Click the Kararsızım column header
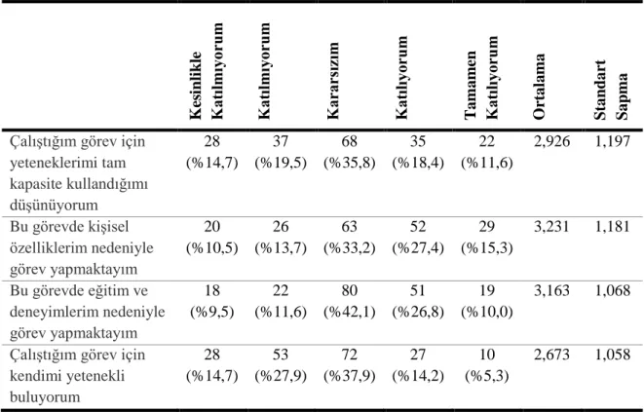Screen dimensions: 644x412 [332, 81]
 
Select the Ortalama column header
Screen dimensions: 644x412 [539, 87]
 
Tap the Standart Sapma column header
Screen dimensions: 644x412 [611, 90]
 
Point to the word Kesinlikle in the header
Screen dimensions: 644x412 [196, 86]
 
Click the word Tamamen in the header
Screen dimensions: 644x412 [471, 85]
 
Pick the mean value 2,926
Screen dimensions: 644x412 [551, 141]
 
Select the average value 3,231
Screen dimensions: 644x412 [551, 226]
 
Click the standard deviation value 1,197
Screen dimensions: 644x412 [612, 141]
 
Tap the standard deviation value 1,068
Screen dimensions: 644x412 [612, 290]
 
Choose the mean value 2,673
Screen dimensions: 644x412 [551, 355]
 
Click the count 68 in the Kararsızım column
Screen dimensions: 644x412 [349, 141]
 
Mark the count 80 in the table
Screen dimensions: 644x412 [349, 290]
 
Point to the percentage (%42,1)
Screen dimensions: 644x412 [349, 312]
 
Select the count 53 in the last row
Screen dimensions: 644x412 [281, 355]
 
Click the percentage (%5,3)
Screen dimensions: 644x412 [487, 376]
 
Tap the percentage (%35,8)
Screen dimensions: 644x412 [349, 163]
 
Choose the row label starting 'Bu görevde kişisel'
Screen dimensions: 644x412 [82, 248]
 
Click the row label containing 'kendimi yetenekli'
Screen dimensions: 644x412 [78, 376]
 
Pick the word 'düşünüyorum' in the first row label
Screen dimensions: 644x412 [54, 205]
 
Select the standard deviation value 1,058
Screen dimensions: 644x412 [612, 355]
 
